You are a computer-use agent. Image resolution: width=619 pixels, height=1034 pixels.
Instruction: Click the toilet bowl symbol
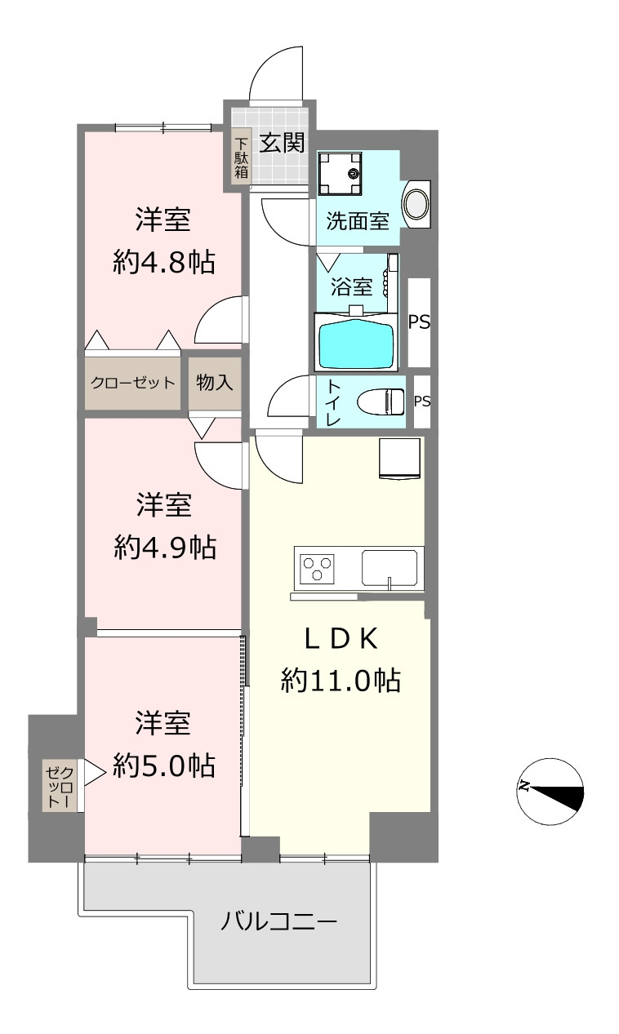coord(381,402)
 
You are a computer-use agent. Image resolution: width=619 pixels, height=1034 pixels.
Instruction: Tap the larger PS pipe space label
coord(419,322)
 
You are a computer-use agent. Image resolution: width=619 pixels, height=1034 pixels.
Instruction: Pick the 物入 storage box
coord(214,383)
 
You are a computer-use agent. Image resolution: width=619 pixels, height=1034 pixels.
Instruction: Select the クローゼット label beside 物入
coord(133,383)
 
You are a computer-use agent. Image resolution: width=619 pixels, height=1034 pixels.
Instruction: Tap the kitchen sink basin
coord(390,567)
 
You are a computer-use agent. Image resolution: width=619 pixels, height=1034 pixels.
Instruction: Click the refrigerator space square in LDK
coord(399,459)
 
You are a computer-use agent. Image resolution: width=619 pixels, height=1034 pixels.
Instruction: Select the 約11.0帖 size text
coord(341,681)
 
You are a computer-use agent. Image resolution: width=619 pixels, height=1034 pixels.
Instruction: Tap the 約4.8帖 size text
coord(164,263)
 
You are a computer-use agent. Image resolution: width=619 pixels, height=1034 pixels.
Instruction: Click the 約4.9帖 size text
coord(165,548)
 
